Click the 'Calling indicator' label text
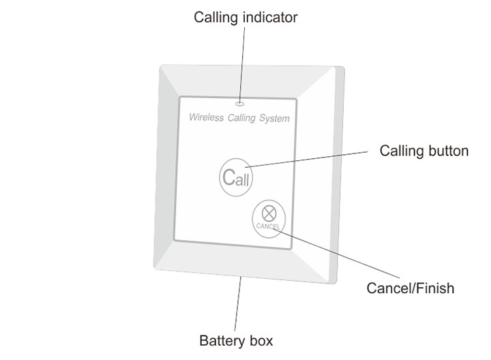coord(245,18)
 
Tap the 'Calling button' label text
coord(423,151)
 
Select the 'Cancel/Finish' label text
coord(411,288)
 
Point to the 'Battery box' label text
coord(236,340)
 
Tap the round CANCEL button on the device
coord(268,218)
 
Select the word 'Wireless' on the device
coord(205,118)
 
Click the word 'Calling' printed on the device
coord(241,119)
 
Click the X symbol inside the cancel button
coord(268,212)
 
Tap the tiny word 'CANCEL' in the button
coord(268,226)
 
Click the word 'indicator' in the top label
coord(271,18)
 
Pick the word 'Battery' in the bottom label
coord(218,340)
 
